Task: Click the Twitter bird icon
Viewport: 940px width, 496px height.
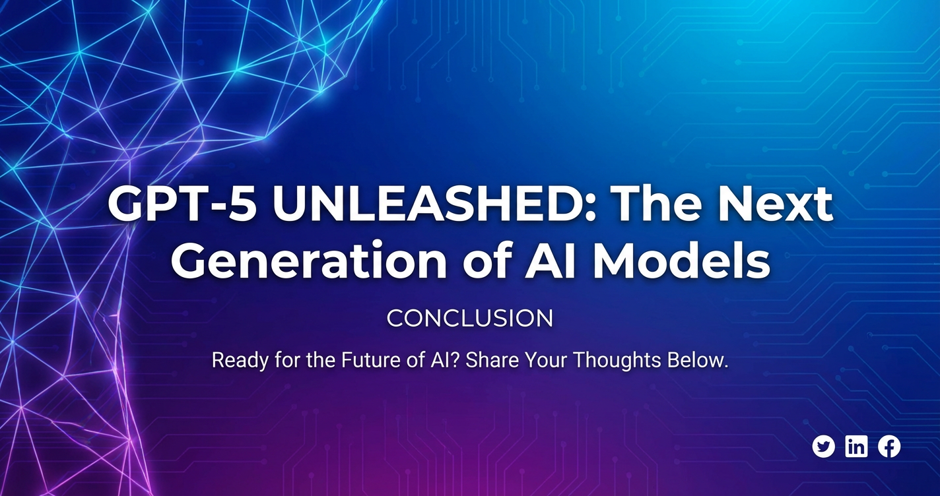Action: (823, 447)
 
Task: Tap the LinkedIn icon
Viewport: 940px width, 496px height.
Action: (856, 447)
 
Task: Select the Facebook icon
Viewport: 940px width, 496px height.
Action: (889, 447)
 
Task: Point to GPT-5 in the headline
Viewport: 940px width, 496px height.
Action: (181, 204)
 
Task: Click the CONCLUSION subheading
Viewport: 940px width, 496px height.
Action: (470, 319)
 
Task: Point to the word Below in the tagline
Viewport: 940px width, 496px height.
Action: (694, 360)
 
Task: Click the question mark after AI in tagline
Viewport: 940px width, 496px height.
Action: (456, 360)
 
